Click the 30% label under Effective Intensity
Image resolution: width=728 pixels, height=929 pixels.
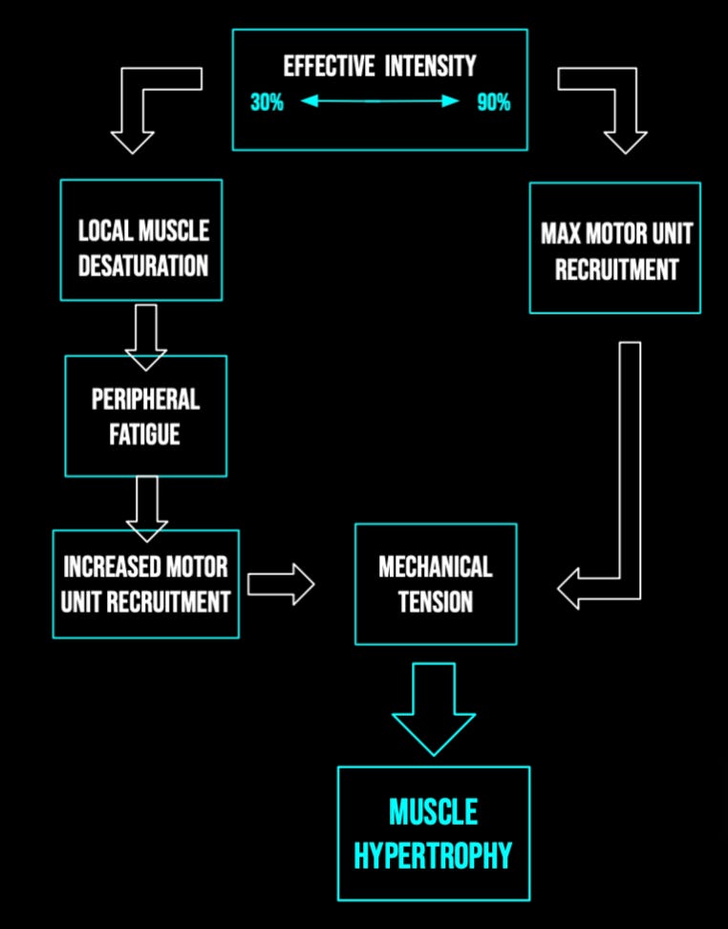(267, 102)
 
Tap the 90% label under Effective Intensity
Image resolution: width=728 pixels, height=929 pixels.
(493, 102)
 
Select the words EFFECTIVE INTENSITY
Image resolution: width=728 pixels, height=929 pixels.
(379, 67)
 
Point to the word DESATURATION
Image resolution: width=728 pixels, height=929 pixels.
(142, 265)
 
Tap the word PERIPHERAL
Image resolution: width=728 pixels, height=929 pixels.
(145, 399)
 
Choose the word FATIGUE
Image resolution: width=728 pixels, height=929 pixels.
(145, 434)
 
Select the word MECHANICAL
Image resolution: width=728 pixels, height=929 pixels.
(435, 566)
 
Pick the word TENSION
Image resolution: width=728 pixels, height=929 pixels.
(435, 601)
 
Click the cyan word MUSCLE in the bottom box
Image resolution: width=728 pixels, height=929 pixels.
(433, 813)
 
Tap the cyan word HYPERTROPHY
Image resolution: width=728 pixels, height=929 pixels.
(433, 855)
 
